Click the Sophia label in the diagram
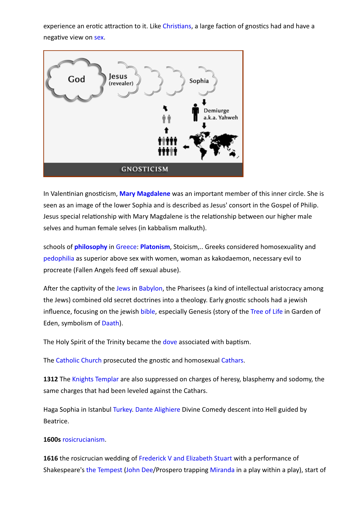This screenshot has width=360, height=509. [199, 81]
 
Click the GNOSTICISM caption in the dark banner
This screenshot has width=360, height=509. [145, 169]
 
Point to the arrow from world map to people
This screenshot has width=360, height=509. [186, 147]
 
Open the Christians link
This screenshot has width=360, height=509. [177, 26]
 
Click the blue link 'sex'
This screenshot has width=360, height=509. [99, 37]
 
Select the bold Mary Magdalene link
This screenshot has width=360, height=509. [145, 194]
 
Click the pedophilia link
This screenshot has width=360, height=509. [59, 258]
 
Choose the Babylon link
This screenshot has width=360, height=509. [151, 288]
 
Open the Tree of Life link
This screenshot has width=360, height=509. [266, 312]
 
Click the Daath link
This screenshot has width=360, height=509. [110, 323]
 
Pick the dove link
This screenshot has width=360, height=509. [170, 342]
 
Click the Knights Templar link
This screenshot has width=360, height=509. [95, 379]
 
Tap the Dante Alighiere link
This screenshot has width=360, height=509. [158, 410]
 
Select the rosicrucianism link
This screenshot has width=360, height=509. [83, 440]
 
